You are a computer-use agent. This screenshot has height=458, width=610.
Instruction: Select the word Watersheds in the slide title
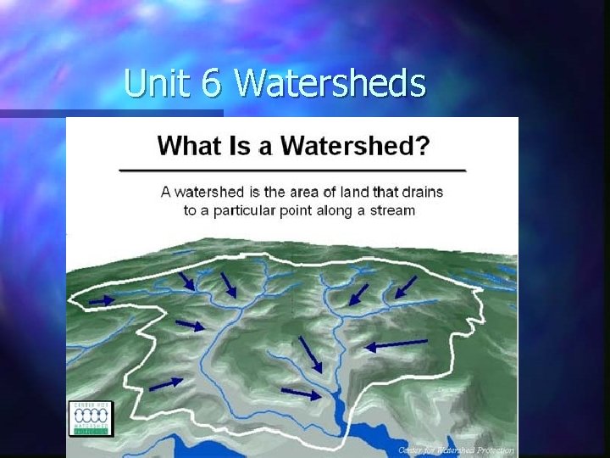(330, 83)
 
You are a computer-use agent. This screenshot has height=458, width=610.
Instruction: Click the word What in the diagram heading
(191, 145)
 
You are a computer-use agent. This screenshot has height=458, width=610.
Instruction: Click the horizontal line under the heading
(292, 170)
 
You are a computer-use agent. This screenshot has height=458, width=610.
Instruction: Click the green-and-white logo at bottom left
(91, 418)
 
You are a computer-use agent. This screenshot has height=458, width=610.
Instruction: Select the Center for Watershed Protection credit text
(455, 450)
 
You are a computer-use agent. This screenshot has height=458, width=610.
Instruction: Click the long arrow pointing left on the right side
(396, 343)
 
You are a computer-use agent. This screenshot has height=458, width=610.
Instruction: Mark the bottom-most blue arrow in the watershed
(302, 393)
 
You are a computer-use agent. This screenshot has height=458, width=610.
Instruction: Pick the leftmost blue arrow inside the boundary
(102, 299)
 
